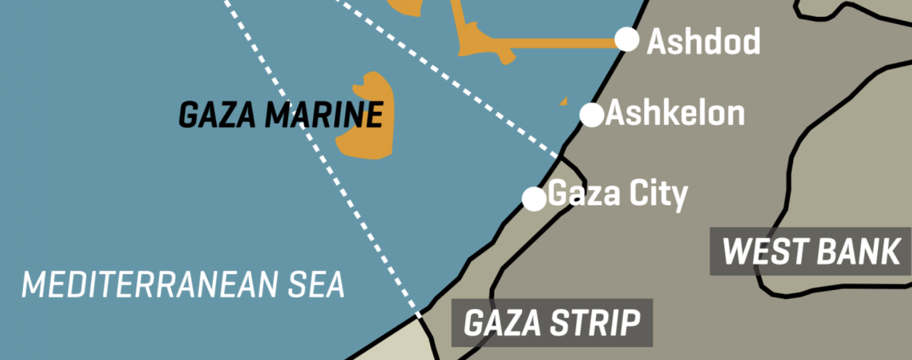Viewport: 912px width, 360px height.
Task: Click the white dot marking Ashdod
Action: point(627,40)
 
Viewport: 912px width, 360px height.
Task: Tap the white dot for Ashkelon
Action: point(592,114)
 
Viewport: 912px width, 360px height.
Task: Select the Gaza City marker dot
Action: point(534,199)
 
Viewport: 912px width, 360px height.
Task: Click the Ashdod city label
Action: point(703,41)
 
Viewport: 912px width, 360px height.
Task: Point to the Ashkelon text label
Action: point(676,113)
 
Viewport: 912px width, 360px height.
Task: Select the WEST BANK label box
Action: point(811,251)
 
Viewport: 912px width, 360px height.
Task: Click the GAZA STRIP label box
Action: point(551,323)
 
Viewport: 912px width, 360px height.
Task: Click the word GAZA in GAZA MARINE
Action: point(217,115)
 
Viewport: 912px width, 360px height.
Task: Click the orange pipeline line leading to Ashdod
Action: point(557,43)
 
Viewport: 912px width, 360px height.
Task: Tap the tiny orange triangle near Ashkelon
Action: point(564,101)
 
